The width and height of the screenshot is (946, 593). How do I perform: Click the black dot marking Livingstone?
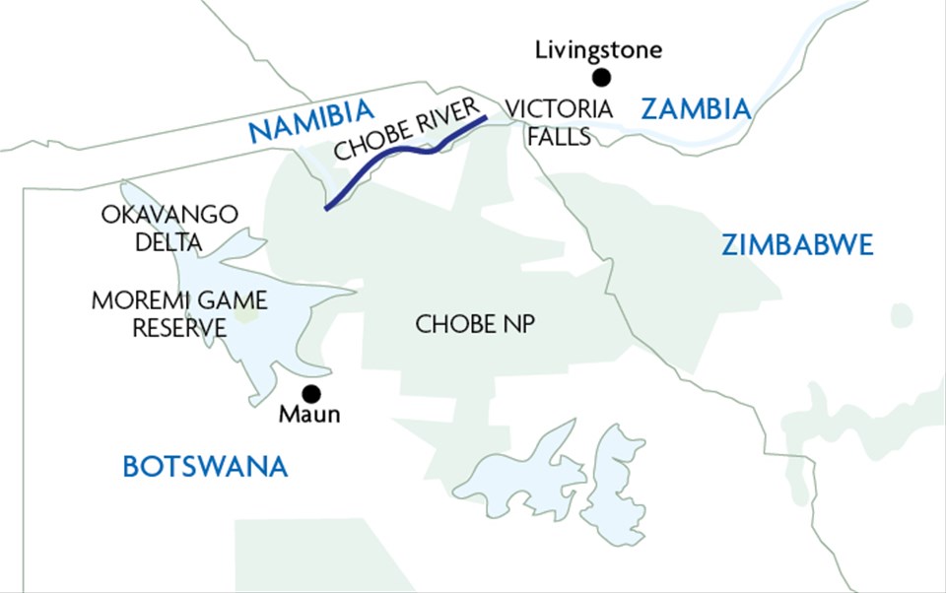(x=600, y=77)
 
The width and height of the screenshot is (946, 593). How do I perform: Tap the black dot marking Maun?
(x=311, y=393)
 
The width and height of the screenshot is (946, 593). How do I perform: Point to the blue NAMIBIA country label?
(x=311, y=130)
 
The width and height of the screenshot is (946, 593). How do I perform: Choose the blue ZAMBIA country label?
(x=696, y=109)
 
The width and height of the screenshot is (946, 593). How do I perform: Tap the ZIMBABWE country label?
(x=797, y=245)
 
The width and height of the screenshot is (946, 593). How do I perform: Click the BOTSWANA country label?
(x=205, y=466)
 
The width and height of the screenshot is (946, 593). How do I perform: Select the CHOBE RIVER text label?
(x=406, y=129)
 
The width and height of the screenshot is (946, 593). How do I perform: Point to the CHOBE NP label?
(x=475, y=324)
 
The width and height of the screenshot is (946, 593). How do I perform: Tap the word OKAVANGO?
(x=170, y=214)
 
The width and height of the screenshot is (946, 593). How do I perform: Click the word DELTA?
(x=170, y=241)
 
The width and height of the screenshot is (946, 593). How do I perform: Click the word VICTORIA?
(x=558, y=108)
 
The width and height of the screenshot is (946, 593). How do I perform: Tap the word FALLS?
(x=558, y=137)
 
